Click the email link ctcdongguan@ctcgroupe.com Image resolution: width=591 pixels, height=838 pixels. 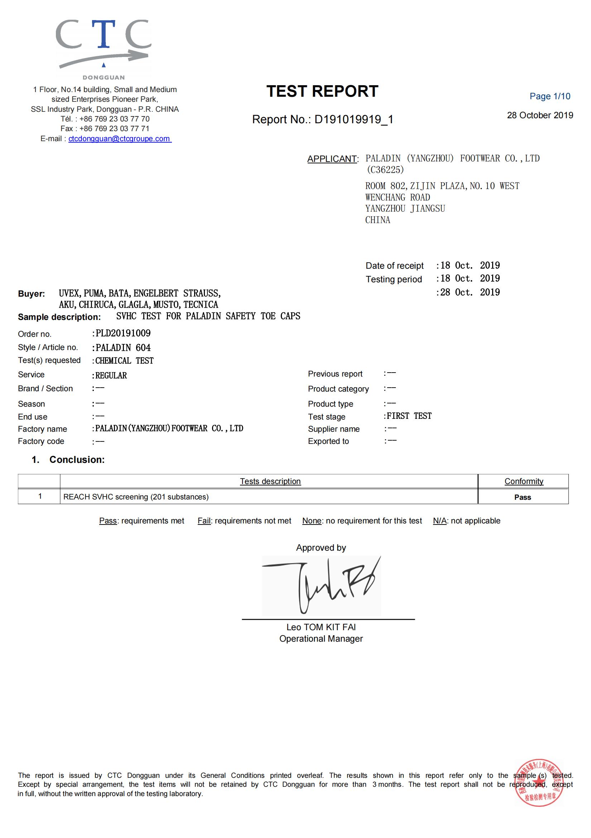[x=120, y=139]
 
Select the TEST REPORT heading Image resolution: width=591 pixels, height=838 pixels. [x=322, y=91]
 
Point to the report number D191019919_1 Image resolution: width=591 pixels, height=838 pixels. [x=354, y=119]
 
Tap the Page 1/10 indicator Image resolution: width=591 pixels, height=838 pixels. [x=549, y=96]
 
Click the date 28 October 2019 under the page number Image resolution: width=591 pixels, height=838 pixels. [x=539, y=115]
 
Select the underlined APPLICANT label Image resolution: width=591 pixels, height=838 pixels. [x=332, y=159]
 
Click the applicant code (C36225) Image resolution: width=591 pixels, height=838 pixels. [x=385, y=170]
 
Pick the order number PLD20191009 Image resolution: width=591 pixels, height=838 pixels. [x=123, y=333]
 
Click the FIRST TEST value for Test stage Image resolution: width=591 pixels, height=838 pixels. [x=409, y=416]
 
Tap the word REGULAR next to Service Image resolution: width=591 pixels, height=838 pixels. [x=111, y=375]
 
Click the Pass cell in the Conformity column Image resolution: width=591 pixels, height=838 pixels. [x=523, y=497]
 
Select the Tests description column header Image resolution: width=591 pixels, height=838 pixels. [x=270, y=482]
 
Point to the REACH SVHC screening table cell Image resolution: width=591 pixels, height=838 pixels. [x=136, y=497]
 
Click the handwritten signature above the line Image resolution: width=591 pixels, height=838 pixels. [x=321, y=585]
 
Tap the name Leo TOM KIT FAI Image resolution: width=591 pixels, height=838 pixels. [x=321, y=627]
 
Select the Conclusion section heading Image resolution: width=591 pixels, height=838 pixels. [x=77, y=460]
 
